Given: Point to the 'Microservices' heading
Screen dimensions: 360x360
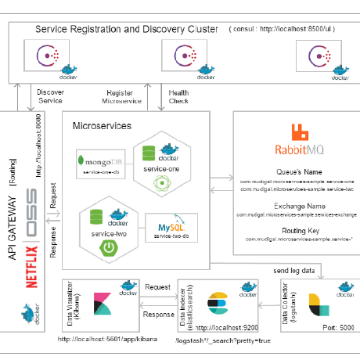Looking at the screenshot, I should click(x=101, y=125).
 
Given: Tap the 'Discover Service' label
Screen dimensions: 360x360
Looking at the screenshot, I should click(x=50, y=95).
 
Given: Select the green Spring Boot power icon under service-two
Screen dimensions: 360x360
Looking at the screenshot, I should click(x=109, y=249).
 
